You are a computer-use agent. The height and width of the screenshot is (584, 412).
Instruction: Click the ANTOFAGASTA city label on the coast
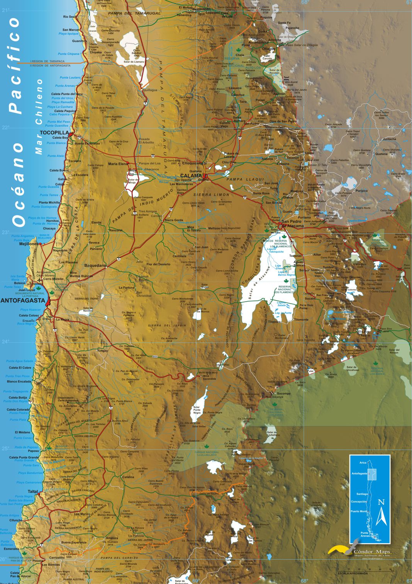pyautogui.click(x=23, y=300)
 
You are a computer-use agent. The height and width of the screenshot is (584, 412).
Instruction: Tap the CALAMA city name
pyautogui.click(x=191, y=176)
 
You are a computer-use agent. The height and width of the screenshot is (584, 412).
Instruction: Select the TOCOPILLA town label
pyautogui.click(x=54, y=132)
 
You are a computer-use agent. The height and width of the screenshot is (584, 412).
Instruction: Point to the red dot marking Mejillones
pyautogui.click(x=41, y=244)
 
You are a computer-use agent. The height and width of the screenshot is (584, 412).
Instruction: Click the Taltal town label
pyautogui.click(x=33, y=491)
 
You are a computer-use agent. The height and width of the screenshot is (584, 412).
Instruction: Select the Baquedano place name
pyautogui.click(x=95, y=265)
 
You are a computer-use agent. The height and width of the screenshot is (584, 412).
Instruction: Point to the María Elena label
pyautogui.click(x=118, y=164)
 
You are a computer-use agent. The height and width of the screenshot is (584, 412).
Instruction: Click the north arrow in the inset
pyautogui.click(x=381, y=514)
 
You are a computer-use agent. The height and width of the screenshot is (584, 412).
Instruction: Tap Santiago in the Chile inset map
pyautogui.click(x=362, y=494)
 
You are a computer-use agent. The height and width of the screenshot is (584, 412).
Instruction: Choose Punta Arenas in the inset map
pyautogui.click(x=365, y=535)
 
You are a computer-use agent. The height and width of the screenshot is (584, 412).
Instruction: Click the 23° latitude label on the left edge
pyautogui.click(x=5, y=233)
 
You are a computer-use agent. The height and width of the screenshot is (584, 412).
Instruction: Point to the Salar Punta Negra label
pyautogui.click(x=197, y=410)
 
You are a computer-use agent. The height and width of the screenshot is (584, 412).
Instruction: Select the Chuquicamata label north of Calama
pyautogui.click(x=194, y=163)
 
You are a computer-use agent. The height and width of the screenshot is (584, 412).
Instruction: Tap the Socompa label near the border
pyautogui.click(x=283, y=394)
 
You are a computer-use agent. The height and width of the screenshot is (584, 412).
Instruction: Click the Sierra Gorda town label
pyautogui.click(x=174, y=220)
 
